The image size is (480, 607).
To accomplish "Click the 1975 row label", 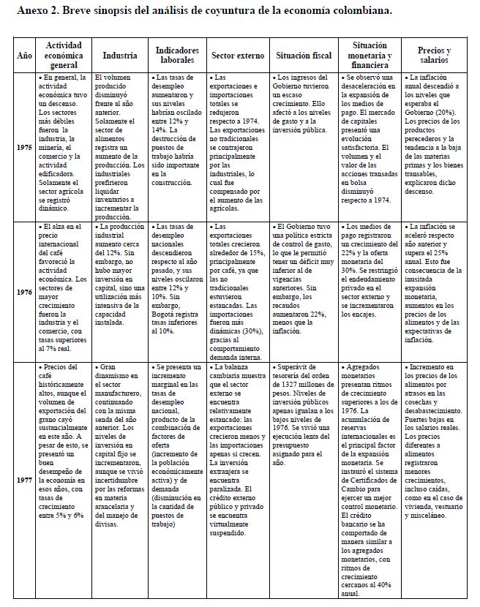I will click(24, 147).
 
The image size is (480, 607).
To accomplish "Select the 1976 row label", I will click(24, 291).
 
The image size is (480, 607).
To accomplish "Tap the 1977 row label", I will click(24, 481).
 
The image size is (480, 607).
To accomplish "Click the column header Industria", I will click(119, 55).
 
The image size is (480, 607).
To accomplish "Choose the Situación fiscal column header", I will click(303, 55).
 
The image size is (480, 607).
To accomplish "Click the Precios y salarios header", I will click(434, 55).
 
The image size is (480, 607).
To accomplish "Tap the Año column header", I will click(24, 55).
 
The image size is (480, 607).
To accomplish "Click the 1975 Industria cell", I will click(119, 146).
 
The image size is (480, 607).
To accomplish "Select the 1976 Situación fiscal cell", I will click(303, 278).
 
